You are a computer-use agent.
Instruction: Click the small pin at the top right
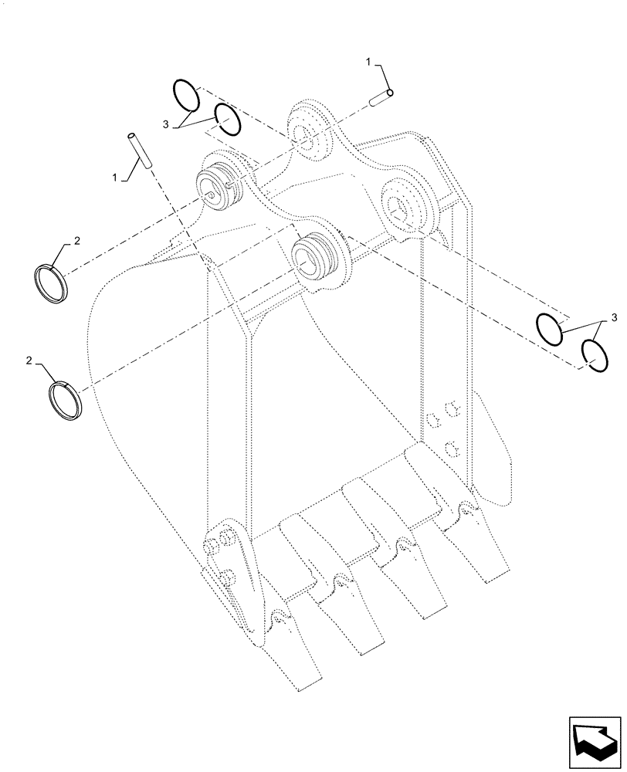382,97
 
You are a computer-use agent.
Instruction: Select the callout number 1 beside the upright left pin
115,178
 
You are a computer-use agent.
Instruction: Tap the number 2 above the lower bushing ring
30,361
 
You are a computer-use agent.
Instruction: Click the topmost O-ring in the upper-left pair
186,96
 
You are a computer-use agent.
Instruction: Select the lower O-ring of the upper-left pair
228,121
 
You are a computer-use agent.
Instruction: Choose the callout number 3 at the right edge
614,317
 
